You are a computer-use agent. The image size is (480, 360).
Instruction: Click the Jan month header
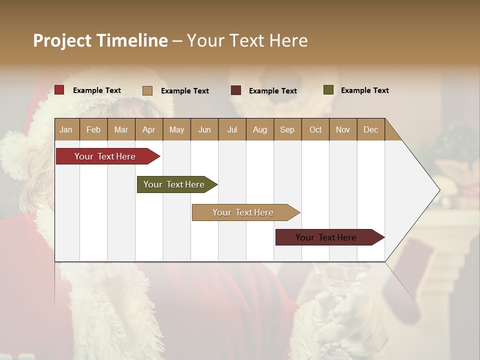tap(66, 129)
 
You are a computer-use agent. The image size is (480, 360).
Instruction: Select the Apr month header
tap(148, 129)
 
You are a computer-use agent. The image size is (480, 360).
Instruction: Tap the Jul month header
tap(232, 129)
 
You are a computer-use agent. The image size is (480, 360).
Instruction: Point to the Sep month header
tap(287, 129)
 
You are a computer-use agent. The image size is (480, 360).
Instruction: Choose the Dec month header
tap(370, 129)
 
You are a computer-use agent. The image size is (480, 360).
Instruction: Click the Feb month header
tap(93, 129)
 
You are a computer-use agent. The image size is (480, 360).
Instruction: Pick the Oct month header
tap(315, 129)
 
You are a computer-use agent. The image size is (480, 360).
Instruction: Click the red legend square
tap(59, 90)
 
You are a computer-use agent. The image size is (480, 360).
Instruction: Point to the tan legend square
tap(147, 90)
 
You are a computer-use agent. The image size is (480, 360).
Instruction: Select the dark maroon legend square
tap(236, 90)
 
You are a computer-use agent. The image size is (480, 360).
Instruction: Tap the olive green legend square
tap(328, 90)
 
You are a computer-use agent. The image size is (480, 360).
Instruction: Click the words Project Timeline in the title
tap(100, 40)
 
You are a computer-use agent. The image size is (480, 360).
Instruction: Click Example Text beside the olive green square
tap(364, 90)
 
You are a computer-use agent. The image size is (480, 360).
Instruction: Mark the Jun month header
tap(204, 129)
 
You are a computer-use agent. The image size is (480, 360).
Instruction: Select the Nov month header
tap(342, 129)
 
